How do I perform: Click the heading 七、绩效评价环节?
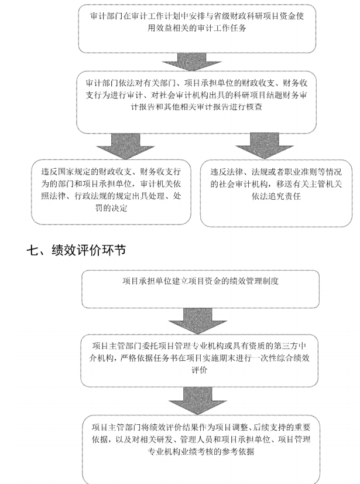tap(76, 250)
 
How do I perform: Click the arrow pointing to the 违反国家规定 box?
tap(125, 146)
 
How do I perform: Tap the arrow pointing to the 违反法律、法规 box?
tap(264, 146)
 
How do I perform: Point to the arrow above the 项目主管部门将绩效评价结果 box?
tap(198, 401)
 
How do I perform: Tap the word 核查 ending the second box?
tap(254, 107)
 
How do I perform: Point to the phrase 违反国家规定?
tap(65, 172)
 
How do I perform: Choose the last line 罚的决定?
tap(111, 208)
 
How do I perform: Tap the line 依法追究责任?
tap(276, 196)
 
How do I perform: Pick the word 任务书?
tap(157, 358)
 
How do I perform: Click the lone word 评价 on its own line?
tap(199, 370)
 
